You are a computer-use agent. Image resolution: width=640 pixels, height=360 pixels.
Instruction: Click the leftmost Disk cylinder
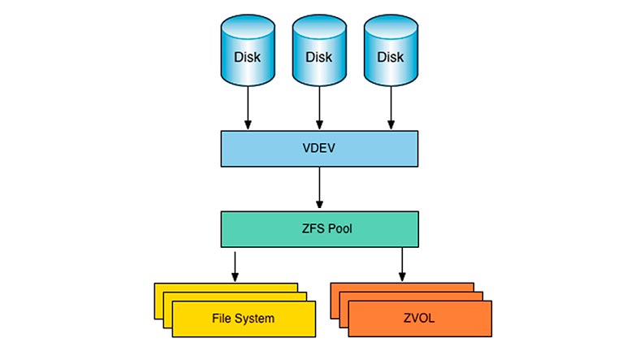click(248, 50)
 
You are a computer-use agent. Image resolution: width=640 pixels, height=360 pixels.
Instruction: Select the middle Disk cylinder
click(319, 50)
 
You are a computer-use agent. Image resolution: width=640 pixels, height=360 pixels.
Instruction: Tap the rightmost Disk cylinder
click(391, 50)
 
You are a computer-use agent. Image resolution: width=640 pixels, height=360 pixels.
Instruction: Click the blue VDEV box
click(319, 149)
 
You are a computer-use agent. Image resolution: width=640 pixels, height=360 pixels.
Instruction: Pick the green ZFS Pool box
click(319, 229)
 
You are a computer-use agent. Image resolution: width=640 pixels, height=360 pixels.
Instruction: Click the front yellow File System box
click(244, 319)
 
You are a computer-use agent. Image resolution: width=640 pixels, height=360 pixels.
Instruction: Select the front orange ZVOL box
click(420, 319)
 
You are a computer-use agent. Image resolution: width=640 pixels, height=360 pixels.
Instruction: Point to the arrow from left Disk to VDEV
click(248, 108)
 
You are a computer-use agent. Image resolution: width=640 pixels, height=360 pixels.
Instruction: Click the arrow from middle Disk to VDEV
click(319, 108)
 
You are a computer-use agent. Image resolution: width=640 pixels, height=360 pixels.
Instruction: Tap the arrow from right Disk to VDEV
click(391, 108)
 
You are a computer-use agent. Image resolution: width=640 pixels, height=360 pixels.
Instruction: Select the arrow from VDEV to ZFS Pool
click(319, 188)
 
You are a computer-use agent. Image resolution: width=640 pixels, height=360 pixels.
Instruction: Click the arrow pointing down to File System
click(235, 267)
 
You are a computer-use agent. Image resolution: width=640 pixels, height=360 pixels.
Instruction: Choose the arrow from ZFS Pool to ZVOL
click(402, 264)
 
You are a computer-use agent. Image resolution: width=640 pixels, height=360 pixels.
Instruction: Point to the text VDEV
click(319, 148)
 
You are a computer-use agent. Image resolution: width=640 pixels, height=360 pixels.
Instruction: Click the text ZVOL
click(419, 318)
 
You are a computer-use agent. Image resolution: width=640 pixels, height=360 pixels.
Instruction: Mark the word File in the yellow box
click(222, 319)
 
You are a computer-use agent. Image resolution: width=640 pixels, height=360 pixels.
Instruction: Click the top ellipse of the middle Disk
click(319, 27)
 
